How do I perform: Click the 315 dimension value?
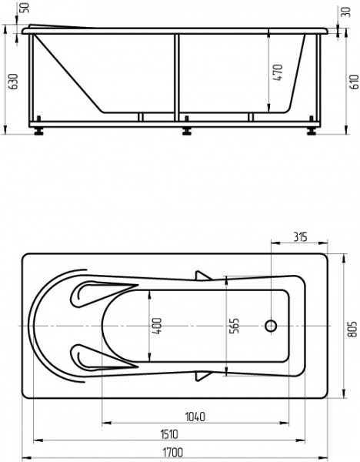[300, 236]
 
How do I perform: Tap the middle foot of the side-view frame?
[185, 129]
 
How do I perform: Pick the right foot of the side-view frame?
[312, 129]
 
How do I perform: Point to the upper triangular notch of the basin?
[204, 275]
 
